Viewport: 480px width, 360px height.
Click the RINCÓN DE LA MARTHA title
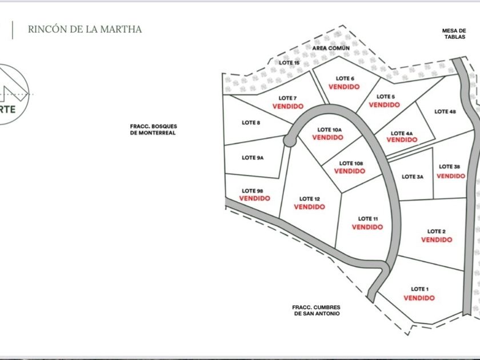click(85, 29)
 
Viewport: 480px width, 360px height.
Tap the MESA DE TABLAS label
click(454, 34)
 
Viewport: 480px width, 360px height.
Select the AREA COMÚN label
click(331, 48)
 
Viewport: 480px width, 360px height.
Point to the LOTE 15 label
click(289, 62)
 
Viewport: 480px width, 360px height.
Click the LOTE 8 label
click(251, 122)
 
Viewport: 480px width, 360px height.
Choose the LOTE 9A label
click(252, 158)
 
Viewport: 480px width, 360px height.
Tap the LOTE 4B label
click(445, 111)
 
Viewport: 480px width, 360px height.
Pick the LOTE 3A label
click(413, 177)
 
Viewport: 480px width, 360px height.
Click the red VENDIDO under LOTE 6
click(344, 87)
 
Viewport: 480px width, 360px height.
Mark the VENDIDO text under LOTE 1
click(419, 298)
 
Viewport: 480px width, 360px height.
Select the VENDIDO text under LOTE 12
click(309, 207)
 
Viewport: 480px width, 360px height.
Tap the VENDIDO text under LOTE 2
click(437, 240)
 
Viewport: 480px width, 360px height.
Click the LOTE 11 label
click(368, 218)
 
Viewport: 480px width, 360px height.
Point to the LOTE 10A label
click(329, 130)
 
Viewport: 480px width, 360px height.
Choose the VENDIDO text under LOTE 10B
click(349, 171)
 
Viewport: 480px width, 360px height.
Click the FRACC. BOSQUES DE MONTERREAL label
click(153, 130)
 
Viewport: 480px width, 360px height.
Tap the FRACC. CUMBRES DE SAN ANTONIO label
click(316, 310)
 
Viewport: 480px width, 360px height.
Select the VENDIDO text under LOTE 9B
click(254, 198)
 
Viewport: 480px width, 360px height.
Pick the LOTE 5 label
click(385, 97)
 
